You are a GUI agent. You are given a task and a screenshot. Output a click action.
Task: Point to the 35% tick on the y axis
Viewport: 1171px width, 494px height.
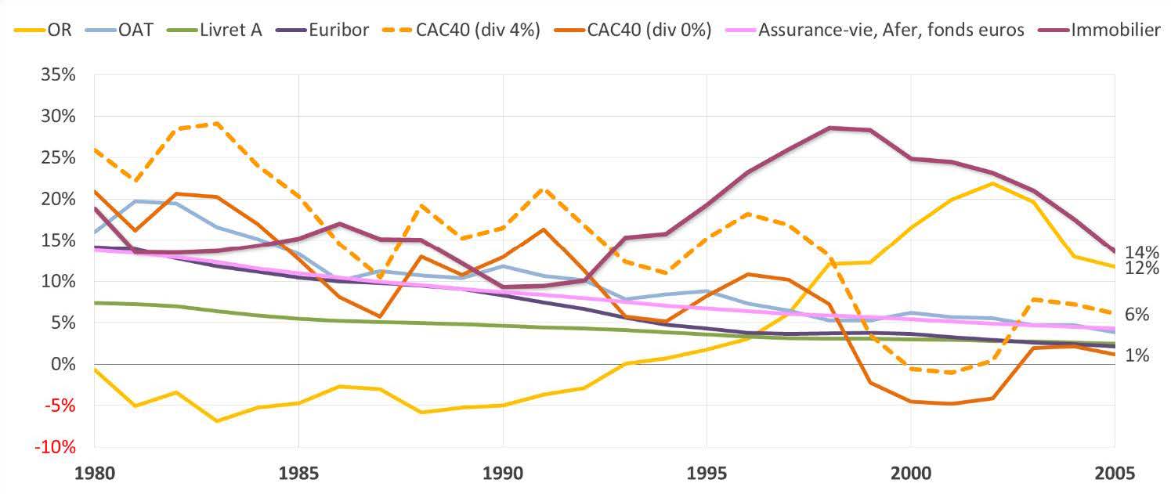click(59, 75)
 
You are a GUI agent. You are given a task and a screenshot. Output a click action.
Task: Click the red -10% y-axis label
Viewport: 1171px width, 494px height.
click(56, 447)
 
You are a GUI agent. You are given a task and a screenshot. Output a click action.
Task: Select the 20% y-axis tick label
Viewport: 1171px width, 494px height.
click(59, 199)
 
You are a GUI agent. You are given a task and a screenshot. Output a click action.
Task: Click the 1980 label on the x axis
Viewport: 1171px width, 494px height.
click(94, 474)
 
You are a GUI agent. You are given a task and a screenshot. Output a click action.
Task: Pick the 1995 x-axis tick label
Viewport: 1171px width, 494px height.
click(707, 474)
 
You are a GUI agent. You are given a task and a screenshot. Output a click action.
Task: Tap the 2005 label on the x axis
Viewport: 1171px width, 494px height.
click(1115, 474)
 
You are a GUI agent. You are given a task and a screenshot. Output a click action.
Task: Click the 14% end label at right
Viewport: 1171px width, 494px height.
click(1141, 252)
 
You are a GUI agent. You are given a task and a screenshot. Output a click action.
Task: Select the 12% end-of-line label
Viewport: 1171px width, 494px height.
click(1141, 268)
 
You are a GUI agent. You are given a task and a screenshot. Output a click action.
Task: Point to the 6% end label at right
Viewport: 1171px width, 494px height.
click(1137, 315)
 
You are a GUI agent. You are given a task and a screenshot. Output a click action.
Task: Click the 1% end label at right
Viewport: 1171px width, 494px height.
click(1137, 355)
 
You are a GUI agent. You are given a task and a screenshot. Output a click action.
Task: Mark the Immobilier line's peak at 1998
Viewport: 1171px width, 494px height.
click(829, 128)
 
